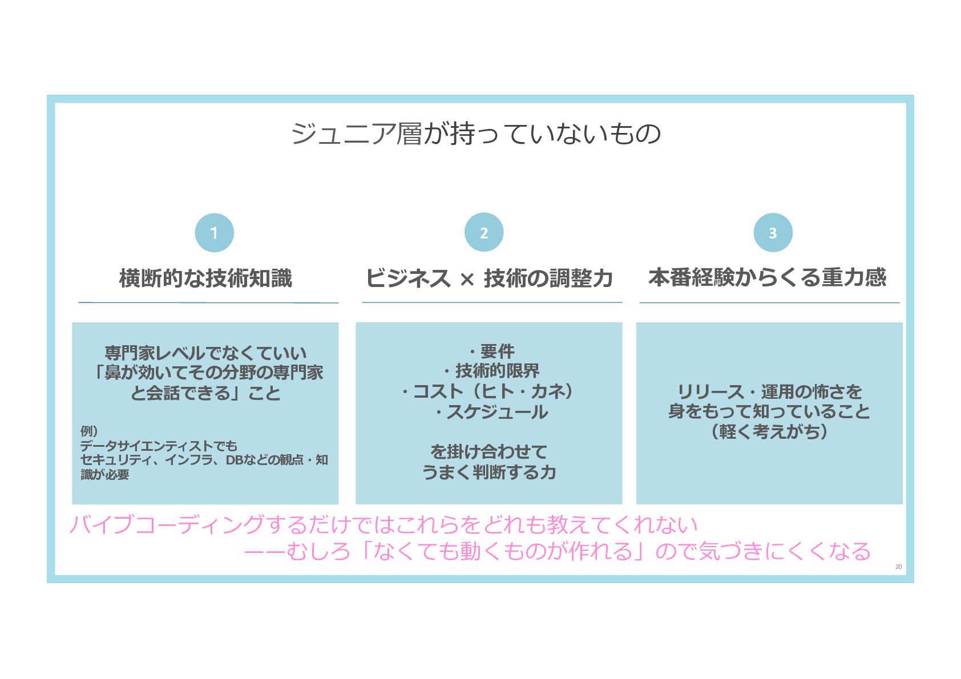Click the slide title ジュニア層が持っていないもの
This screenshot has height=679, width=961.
click(x=476, y=134)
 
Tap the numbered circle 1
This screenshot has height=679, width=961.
click(x=214, y=232)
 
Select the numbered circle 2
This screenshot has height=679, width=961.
click(x=483, y=232)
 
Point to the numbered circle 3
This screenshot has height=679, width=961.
click(x=773, y=232)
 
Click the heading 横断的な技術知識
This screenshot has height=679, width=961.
click(x=205, y=278)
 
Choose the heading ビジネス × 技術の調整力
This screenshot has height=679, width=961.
click(x=488, y=278)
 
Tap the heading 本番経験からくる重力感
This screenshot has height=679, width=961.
click(x=767, y=277)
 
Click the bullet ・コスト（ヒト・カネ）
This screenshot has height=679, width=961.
click(x=487, y=391)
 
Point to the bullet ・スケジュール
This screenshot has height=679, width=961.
click(x=490, y=412)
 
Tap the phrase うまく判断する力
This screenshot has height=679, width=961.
click(x=488, y=472)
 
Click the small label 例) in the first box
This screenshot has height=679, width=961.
click(x=89, y=431)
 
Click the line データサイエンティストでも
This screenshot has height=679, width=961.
click(x=158, y=446)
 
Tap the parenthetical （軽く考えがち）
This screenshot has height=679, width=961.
click(x=769, y=431)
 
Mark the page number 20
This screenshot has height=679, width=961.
click(x=898, y=567)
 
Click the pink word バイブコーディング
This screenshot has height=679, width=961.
click(x=167, y=524)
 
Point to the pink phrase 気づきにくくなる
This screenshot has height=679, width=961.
click(x=785, y=551)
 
